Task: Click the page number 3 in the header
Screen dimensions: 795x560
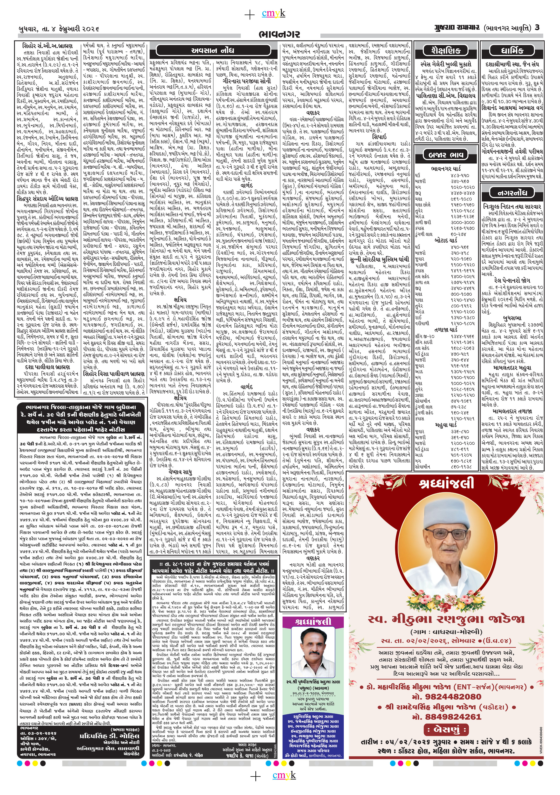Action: pyautogui.click(x=537, y=27)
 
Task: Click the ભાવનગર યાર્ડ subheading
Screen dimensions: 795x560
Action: pyautogui.click(x=446, y=169)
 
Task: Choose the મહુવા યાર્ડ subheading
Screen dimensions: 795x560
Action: pyautogui.click(x=446, y=424)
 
